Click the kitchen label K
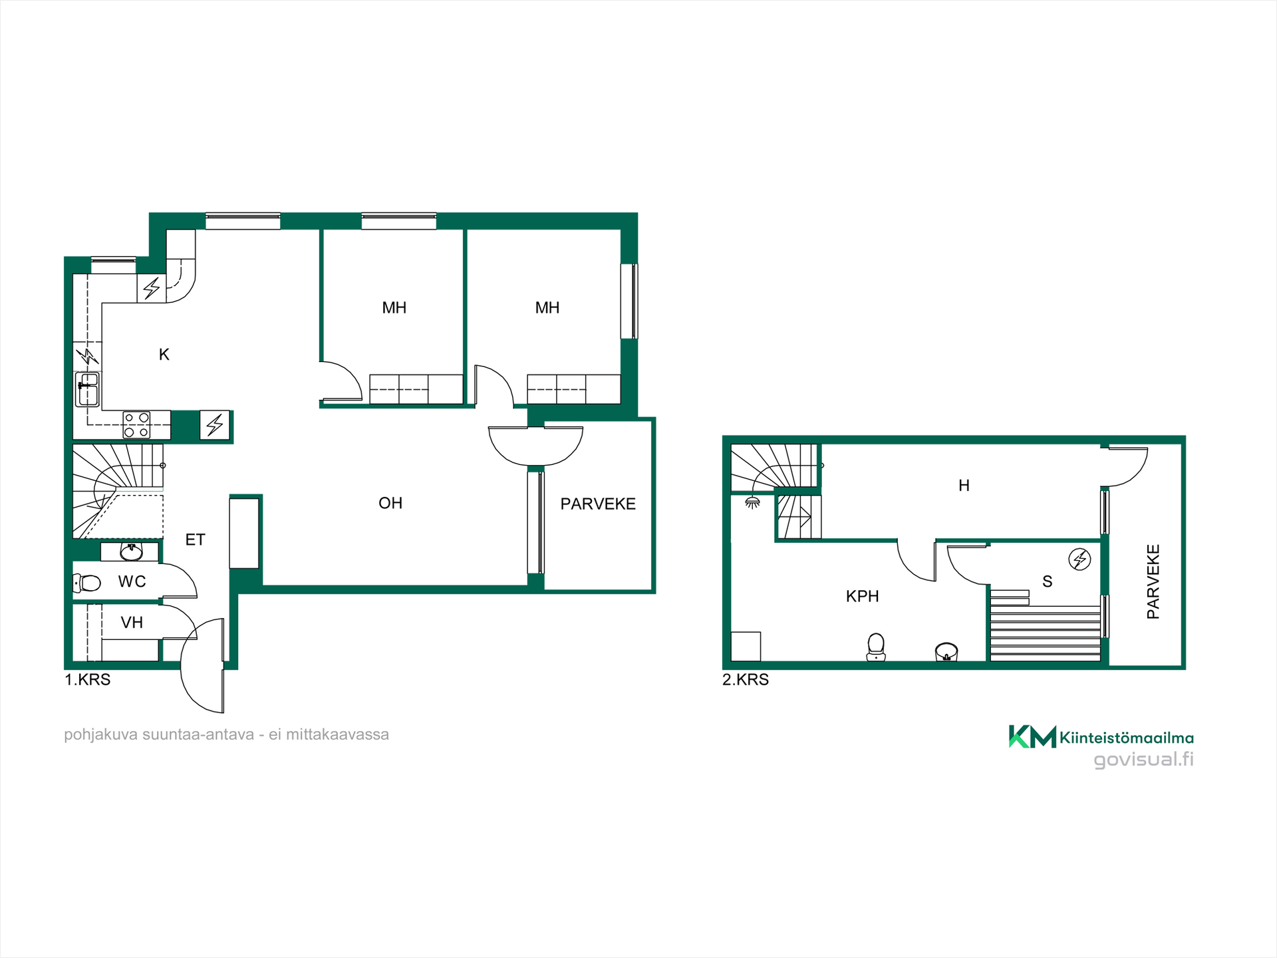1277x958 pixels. [x=164, y=355]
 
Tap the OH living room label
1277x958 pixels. [x=390, y=503]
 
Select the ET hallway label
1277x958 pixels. [x=195, y=540]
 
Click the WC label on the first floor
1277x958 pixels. [x=132, y=581]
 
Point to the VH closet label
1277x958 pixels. [x=132, y=623]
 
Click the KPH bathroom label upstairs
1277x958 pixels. [x=862, y=596]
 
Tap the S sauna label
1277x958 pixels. [x=1048, y=581]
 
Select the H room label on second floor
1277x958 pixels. [x=964, y=486]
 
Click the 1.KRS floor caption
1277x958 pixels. [x=87, y=679]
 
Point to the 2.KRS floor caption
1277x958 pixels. [x=746, y=679]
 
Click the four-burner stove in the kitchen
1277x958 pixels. [x=136, y=425]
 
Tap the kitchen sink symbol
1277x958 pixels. [x=88, y=389]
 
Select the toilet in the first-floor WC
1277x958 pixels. [x=86, y=583]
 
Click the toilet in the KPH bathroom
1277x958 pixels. [x=876, y=647]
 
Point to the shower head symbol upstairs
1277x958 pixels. [x=752, y=502]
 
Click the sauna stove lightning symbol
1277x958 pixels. [x=1079, y=559]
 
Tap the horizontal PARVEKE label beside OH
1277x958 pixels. [x=598, y=504]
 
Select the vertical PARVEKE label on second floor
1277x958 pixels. [x=1153, y=581]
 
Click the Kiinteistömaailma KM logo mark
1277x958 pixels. [x=1032, y=736]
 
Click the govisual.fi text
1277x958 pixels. [x=1144, y=760]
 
